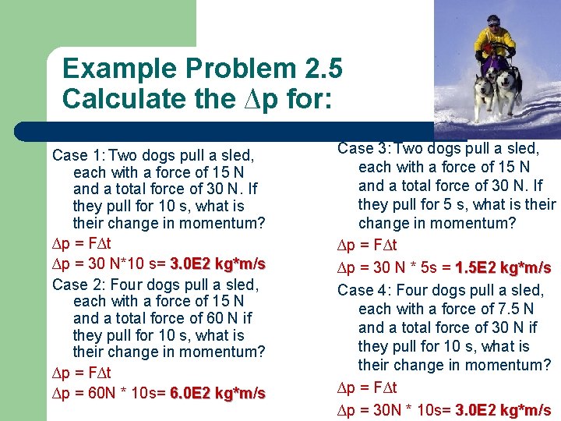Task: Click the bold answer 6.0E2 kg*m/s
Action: pyautogui.click(x=217, y=392)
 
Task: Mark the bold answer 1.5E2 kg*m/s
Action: pyautogui.click(x=503, y=267)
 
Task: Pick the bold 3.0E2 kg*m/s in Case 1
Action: pyautogui.click(x=217, y=264)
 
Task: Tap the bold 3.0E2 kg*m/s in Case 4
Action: pyautogui.click(x=503, y=410)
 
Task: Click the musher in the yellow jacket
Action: pyautogui.click(x=496, y=39)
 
